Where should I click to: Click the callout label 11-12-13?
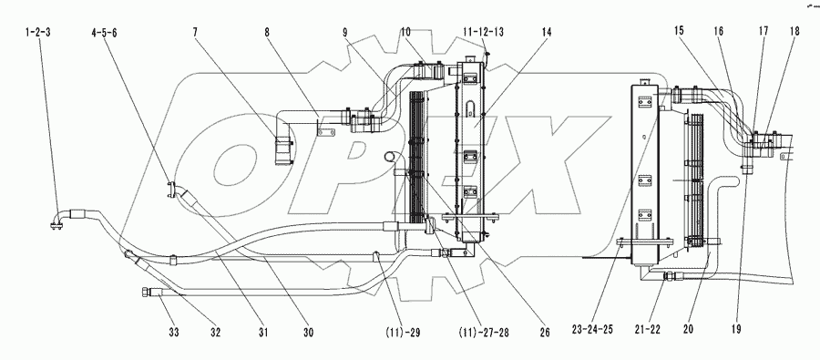[x=484, y=31]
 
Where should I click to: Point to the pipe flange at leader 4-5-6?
[x=173, y=190]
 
